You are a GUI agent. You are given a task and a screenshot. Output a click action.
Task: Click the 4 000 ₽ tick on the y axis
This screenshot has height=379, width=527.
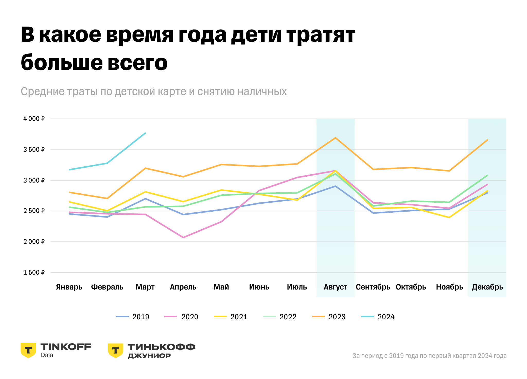pos(34,119)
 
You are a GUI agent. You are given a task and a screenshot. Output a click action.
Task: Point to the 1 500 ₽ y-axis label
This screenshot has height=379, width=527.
pos(34,273)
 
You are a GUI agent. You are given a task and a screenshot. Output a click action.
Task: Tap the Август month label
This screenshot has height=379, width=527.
pos(335,287)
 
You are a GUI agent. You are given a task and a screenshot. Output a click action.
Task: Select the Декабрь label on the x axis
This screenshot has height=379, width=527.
pos(487,287)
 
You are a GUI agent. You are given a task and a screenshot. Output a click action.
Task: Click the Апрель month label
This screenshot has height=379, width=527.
pos(183,287)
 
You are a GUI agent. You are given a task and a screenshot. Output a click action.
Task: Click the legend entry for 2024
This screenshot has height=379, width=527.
pos(378,317)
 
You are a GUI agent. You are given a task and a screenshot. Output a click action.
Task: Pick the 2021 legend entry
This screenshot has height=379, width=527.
pos(231,317)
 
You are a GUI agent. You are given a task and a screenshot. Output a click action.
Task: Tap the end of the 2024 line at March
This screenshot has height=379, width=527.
pos(145,133)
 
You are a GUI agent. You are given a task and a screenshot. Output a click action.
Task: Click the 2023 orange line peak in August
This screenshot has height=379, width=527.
pos(335,138)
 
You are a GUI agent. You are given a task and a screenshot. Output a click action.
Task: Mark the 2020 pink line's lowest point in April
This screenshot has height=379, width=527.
pos(183,238)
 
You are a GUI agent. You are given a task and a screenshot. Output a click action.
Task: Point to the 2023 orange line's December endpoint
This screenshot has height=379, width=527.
pos(487,140)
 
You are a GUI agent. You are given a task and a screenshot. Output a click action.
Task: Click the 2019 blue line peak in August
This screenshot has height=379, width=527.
pos(335,186)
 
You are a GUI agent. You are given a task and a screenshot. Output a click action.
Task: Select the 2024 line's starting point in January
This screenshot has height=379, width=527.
pos(69,170)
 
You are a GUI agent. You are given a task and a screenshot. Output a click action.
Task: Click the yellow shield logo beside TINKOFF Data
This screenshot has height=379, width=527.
pos(28,350)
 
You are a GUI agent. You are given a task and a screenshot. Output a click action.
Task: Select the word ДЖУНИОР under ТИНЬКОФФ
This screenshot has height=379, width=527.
pos(149,356)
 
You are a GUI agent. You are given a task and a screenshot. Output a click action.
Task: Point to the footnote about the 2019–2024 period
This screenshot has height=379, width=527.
pos(429,356)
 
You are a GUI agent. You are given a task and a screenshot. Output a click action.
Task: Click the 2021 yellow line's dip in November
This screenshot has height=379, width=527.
pos(449,218)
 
